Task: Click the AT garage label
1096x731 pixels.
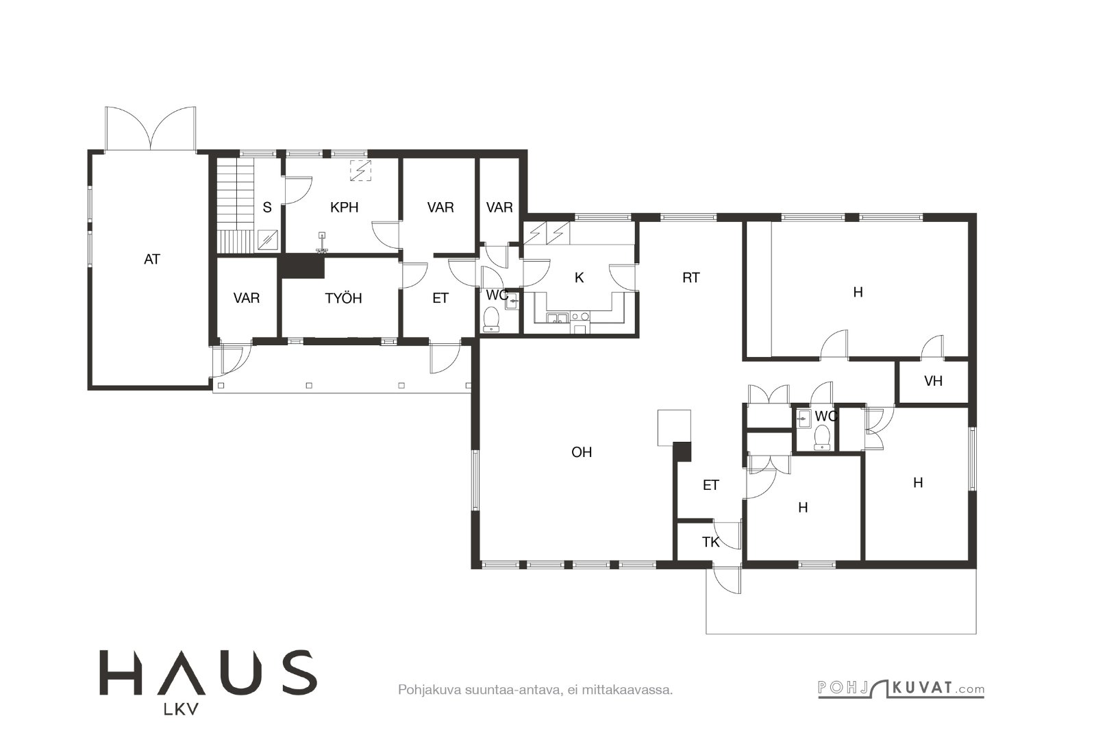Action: (152, 260)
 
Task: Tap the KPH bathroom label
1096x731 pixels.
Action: (344, 208)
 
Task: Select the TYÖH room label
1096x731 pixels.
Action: (343, 298)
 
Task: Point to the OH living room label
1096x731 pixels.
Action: (582, 452)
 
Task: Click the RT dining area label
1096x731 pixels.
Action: (690, 278)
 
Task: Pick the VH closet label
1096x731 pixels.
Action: (933, 381)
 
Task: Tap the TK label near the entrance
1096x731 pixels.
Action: (710, 542)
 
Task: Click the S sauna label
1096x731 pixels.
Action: (267, 208)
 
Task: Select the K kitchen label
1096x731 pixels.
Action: (579, 278)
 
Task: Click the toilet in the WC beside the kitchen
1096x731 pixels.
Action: (490, 319)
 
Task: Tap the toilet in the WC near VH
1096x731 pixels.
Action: (822, 437)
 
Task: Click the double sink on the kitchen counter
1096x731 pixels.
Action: (558, 319)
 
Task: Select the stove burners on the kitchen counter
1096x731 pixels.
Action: (580, 317)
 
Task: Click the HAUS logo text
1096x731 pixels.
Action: (208, 672)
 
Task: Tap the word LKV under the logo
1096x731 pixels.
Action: (181, 710)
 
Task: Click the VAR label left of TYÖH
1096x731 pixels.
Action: (246, 298)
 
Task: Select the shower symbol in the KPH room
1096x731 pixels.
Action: (360, 171)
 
